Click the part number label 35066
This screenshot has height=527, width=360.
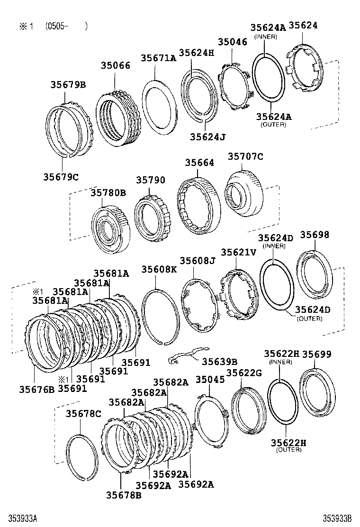click(115, 65)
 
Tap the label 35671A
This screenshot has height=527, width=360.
click(158, 58)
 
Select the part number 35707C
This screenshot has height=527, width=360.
click(245, 156)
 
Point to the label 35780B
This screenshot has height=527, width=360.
click(108, 193)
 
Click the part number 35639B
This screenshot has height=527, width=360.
click(220, 361)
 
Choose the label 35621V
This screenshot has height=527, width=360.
click(238, 253)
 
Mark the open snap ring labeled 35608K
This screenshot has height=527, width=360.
click(161, 316)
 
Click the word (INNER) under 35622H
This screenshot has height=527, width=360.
click(281, 362)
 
